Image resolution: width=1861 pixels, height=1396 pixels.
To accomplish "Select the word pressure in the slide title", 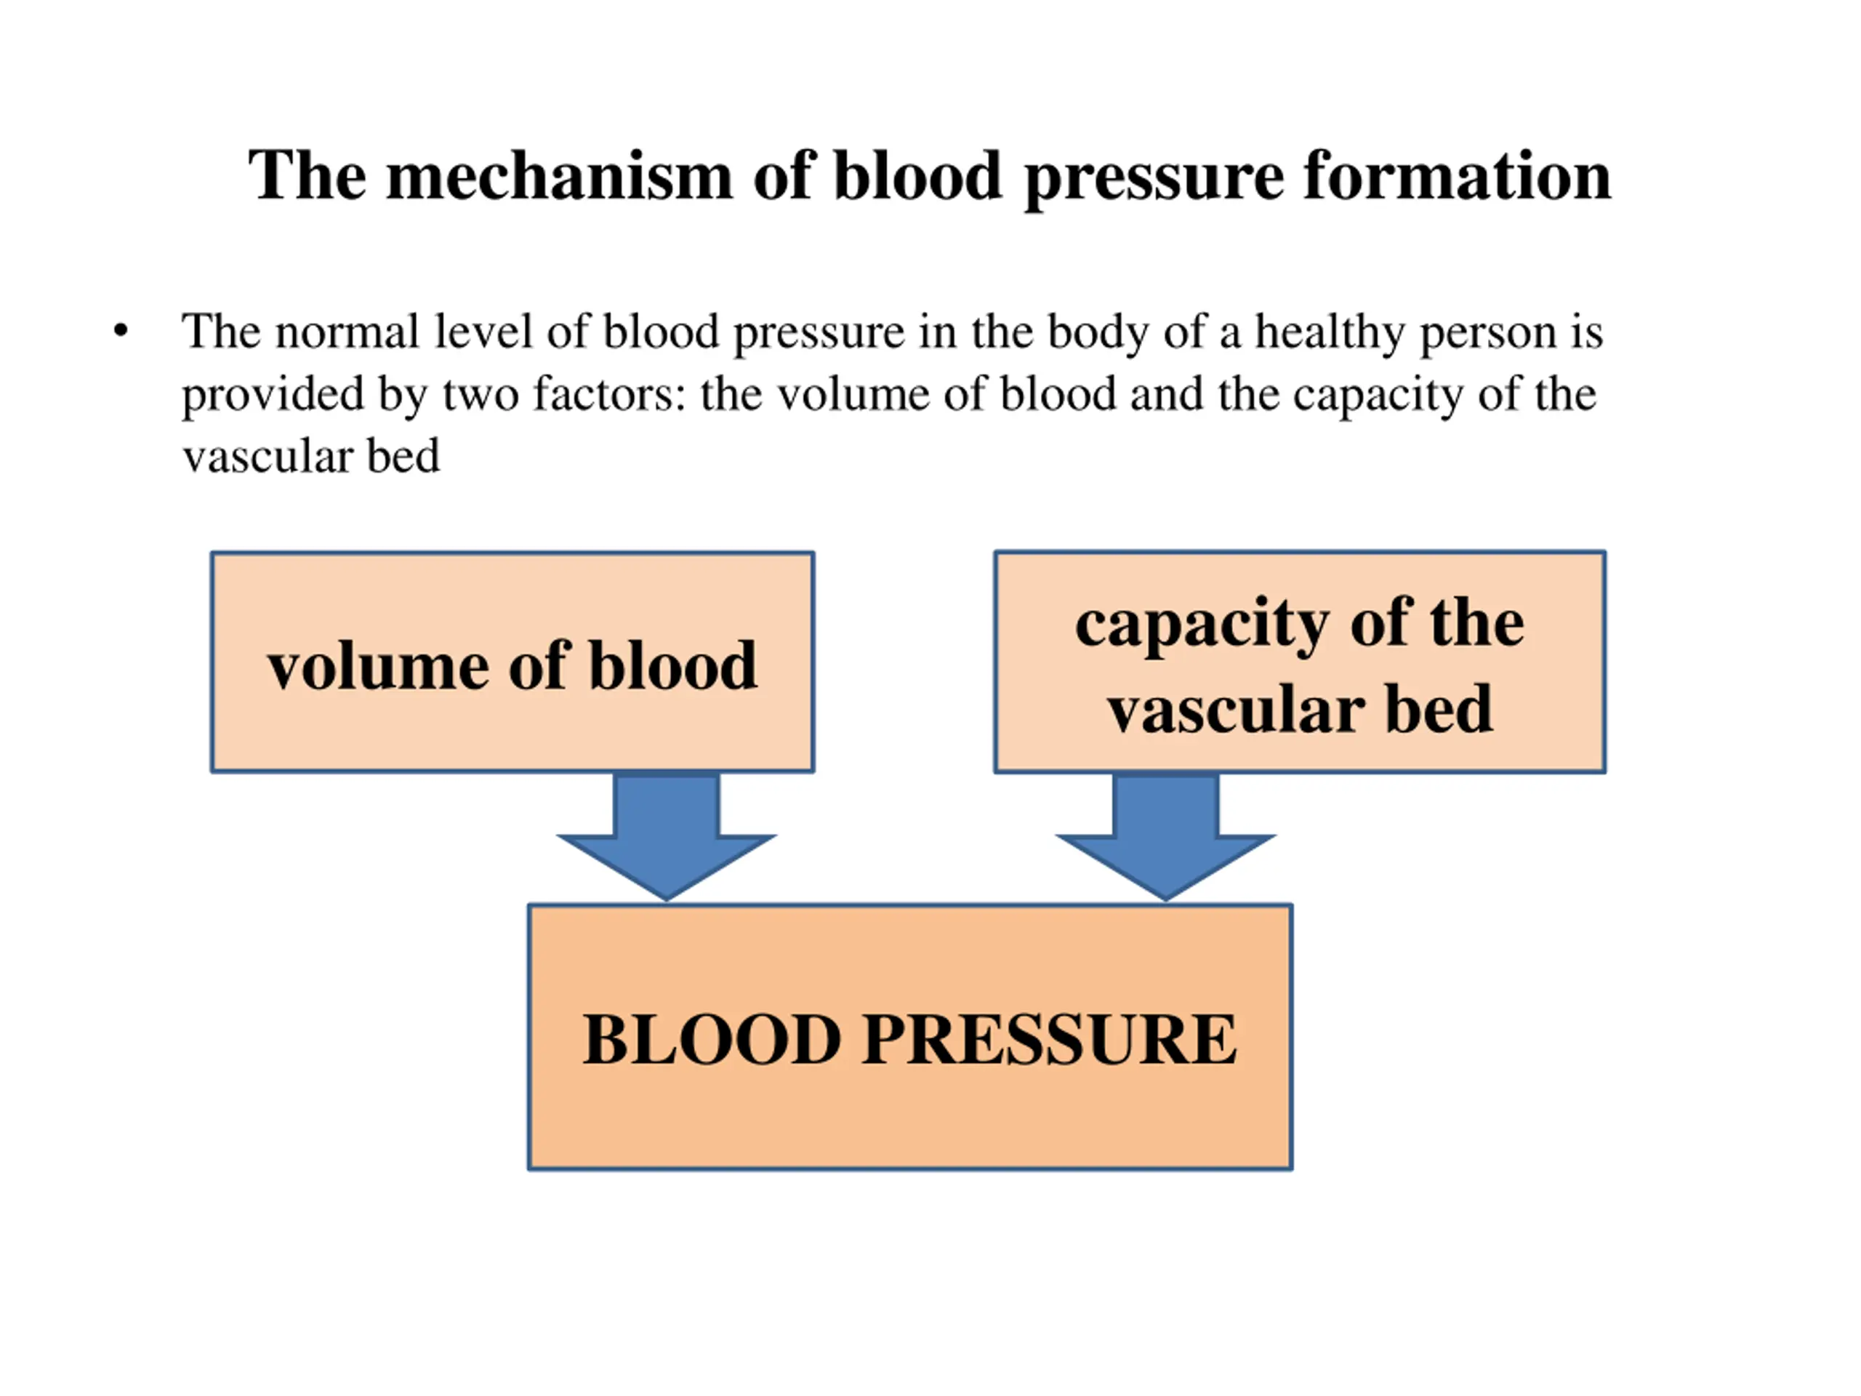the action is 1154,180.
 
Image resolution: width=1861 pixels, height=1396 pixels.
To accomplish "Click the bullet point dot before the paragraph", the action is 121,331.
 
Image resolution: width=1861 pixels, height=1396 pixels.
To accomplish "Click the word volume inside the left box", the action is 378,667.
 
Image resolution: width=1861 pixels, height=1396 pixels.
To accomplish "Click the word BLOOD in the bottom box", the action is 712,1039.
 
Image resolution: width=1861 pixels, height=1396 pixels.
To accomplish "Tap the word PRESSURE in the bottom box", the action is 1049,1039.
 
